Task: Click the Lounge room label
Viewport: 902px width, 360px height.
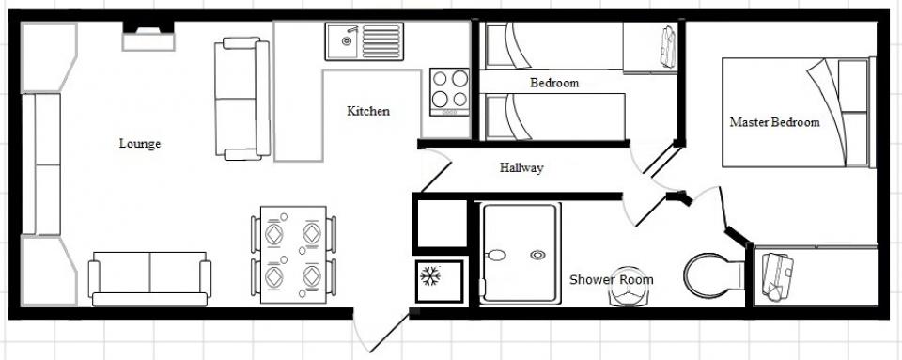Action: (140, 144)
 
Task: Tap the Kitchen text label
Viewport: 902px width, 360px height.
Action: (368, 111)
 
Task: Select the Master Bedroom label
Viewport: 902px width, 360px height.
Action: (774, 122)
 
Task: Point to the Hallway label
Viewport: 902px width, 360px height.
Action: (521, 168)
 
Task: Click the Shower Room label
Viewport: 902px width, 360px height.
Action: (611, 280)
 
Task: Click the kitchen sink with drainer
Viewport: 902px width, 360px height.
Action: (365, 41)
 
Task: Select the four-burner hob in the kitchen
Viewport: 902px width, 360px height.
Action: (449, 92)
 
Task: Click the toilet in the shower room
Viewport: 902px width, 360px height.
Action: (714, 275)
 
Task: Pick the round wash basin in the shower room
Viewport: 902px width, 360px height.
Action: (626, 287)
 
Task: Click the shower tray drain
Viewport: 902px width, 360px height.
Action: (537, 255)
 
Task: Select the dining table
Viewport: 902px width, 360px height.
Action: (293, 255)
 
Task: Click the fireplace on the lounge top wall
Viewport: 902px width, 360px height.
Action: (148, 37)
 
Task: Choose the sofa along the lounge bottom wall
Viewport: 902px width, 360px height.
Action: (149, 279)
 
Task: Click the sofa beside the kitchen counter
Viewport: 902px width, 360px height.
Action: (242, 99)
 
